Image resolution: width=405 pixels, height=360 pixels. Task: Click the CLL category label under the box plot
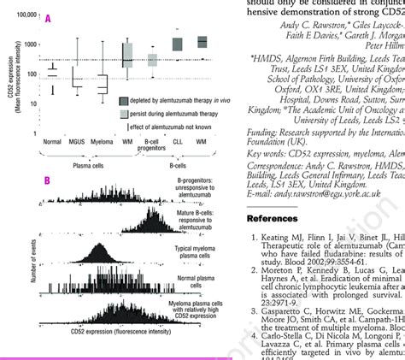point(177,141)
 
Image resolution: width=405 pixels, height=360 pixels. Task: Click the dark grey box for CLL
point(177,44)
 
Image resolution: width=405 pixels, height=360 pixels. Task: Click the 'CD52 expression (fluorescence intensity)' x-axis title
point(141,352)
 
